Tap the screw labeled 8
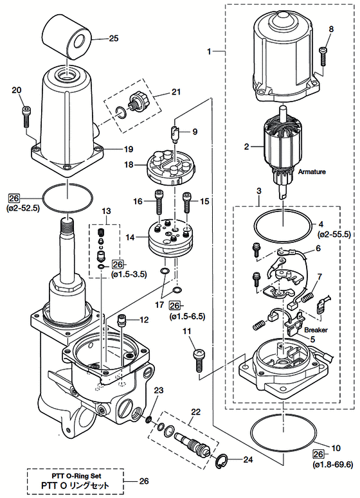[x=323, y=56]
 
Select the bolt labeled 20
[x=26, y=116]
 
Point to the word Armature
[x=312, y=172]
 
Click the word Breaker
[x=316, y=330]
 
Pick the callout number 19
[x=129, y=149]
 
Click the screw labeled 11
[x=199, y=360]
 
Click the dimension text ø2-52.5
[x=22, y=209]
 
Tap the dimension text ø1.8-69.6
[x=332, y=465]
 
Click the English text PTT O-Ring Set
[x=76, y=476]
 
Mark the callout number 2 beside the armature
[x=247, y=147]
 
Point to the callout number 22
[x=195, y=412]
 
